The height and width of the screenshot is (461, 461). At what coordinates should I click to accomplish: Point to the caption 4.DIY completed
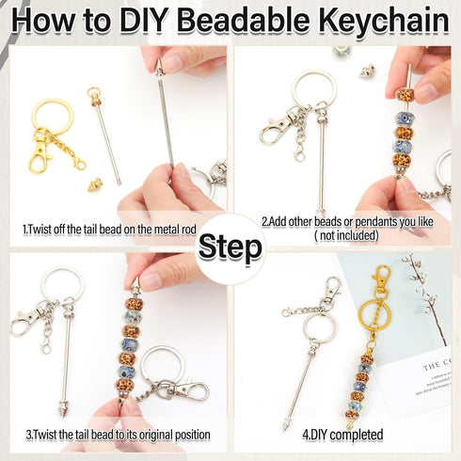[x=344, y=436]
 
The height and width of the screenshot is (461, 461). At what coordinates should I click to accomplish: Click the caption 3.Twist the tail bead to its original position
[x=116, y=436]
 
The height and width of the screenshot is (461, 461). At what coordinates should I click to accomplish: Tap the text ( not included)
[x=344, y=236]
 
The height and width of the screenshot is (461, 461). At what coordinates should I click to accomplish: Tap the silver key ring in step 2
[x=311, y=91]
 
